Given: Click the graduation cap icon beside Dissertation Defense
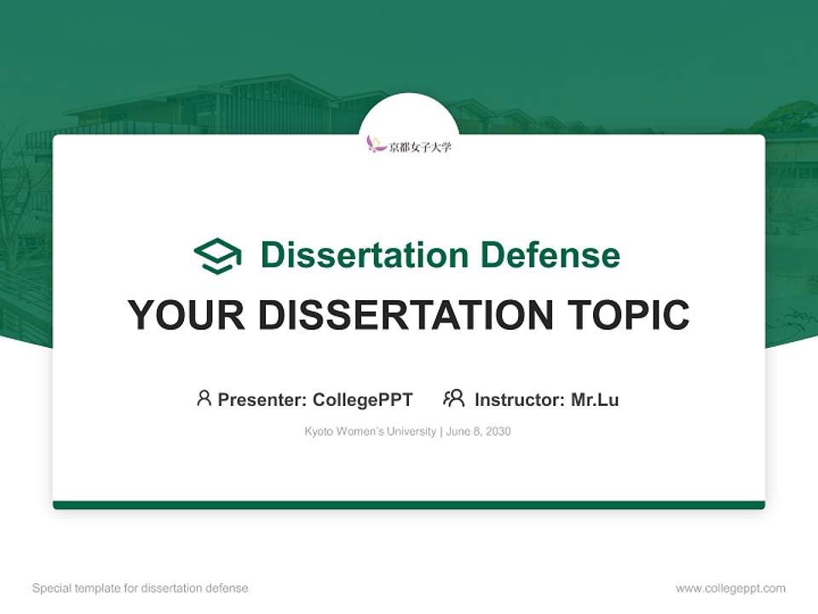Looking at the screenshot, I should coord(217,256).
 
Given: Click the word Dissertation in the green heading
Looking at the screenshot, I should coord(364,255).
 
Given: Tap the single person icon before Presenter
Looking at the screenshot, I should coord(204,398).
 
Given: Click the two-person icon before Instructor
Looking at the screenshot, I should coord(453,398).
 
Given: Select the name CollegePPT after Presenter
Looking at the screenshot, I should coord(362,400).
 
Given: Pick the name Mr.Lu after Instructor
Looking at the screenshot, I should coord(595,400).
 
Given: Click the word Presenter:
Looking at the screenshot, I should coord(262,400).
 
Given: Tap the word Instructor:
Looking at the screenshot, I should coord(520,400).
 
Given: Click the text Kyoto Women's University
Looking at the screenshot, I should coord(370,432).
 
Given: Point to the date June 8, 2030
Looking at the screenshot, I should coord(478,432).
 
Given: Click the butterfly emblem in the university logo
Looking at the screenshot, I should coord(376,145).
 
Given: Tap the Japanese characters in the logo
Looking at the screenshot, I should coord(420,147).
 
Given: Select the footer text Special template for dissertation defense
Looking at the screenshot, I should coord(141,588).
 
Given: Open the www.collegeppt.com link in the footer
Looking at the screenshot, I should coord(730,588).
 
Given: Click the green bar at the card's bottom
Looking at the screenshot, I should coord(409,505).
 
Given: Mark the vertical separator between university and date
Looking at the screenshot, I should coord(440,432).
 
